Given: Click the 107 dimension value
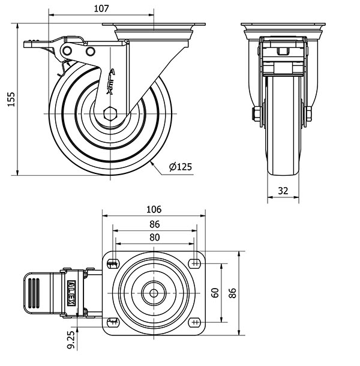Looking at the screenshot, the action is click(x=101, y=8).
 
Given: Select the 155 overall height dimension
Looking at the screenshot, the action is click(x=11, y=99).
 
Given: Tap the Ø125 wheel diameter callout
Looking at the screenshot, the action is click(x=181, y=167).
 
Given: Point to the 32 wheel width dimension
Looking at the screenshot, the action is click(x=283, y=191).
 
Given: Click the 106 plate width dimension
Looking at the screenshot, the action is click(x=154, y=209).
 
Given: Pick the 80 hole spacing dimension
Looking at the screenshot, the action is click(x=155, y=238).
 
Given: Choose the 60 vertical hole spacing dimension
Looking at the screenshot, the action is click(x=215, y=293).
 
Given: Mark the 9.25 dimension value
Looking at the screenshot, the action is click(x=71, y=340).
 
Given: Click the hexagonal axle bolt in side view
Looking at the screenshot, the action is click(x=110, y=114).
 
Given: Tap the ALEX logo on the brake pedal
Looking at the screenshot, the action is click(x=71, y=293).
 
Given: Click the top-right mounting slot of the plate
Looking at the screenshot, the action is click(x=196, y=264).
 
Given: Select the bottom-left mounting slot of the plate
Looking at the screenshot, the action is click(x=113, y=322).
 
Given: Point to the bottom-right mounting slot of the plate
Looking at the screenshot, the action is click(x=196, y=322).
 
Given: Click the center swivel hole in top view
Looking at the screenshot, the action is click(x=154, y=293).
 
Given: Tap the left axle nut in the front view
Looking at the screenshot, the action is click(x=256, y=114).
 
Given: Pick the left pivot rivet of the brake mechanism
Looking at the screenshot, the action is click(x=67, y=50).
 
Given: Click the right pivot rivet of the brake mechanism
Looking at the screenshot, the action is click(x=90, y=52).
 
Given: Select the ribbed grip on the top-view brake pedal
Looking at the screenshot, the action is click(x=34, y=293).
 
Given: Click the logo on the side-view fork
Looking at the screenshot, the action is click(x=110, y=82).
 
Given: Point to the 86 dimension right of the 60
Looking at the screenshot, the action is click(x=233, y=293).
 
